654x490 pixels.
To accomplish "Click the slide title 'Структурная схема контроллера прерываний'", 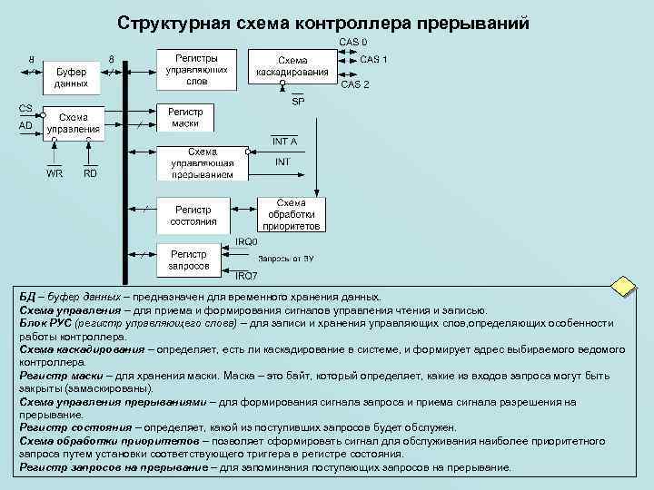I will click(x=322, y=22).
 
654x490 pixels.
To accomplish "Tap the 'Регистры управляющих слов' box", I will click(x=197, y=69).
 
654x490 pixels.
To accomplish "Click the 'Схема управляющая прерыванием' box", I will click(x=202, y=162).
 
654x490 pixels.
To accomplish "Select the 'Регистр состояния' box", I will click(x=193, y=214).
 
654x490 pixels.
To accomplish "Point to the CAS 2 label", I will click(x=355, y=84).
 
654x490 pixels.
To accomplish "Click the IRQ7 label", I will click(x=246, y=276).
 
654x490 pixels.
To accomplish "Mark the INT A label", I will click(x=284, y=141).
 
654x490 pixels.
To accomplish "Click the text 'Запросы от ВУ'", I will click(x=291, y=259).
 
